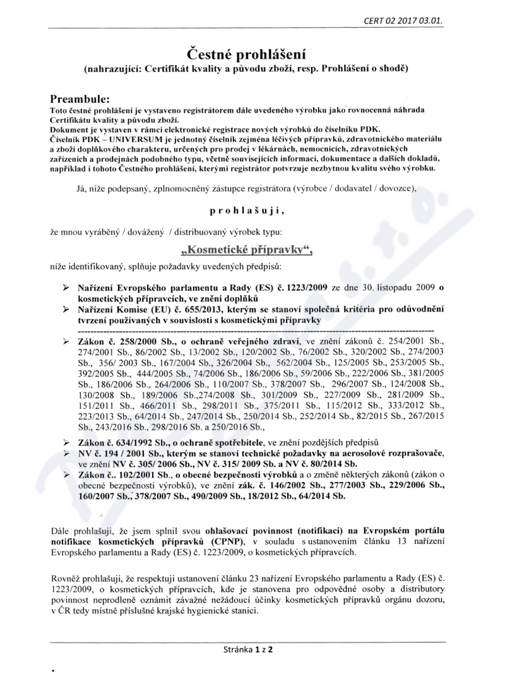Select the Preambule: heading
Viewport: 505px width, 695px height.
click(80, 99)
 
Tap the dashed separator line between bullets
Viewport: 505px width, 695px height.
click(255, 330)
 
